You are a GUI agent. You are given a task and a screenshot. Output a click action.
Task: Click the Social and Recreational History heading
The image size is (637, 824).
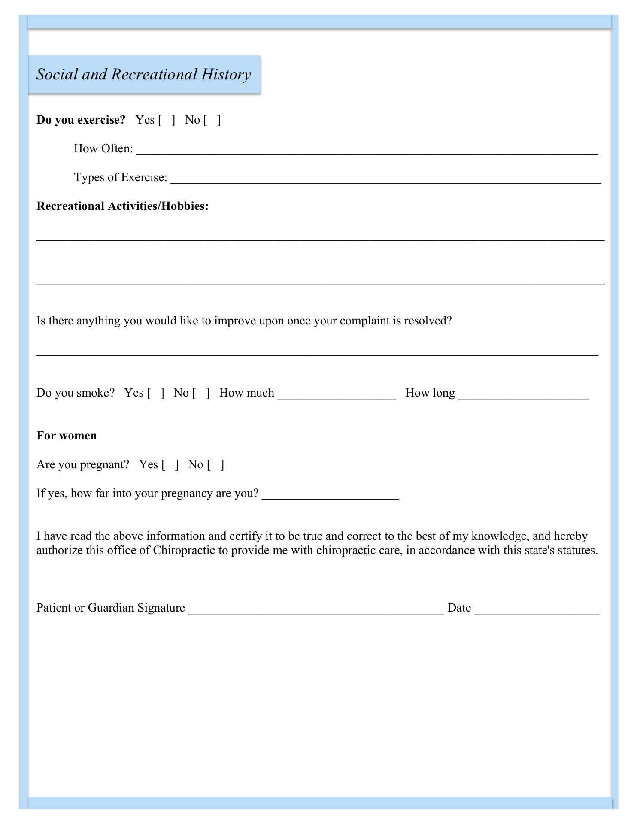pos(144,74)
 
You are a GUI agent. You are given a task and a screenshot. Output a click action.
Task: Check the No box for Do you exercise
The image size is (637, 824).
pos(212,120)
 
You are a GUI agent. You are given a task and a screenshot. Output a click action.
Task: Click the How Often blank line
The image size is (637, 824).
pos(367,151)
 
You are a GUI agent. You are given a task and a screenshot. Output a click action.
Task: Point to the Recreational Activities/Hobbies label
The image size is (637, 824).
pos(123,206)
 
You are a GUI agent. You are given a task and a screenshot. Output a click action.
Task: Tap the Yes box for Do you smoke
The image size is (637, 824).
pos(155,393)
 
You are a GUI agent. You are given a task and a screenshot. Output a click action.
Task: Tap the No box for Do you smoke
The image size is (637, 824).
pos(201,393)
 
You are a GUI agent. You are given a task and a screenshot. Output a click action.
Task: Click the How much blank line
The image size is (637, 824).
pos(337,395)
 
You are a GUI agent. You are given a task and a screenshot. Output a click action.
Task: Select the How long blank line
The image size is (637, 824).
pos(524,395)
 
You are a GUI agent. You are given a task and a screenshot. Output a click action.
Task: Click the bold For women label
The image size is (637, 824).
pos(67,436)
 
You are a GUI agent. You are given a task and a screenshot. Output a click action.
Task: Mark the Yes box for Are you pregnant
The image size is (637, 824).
pos(170,465)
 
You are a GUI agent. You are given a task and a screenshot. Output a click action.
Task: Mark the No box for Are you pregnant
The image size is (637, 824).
pos(215,465)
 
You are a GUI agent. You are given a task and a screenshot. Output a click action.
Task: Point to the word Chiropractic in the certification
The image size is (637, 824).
pos(185,550)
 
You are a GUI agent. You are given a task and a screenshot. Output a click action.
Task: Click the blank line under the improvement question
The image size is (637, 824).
pos(317,352)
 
